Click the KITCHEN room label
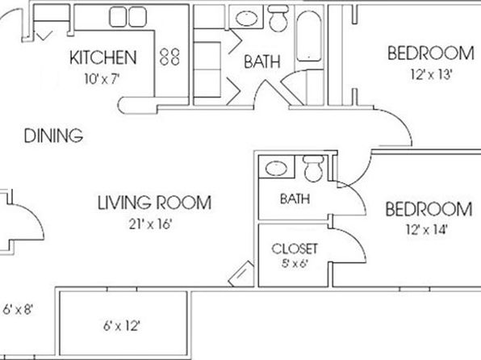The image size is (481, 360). [103, 57]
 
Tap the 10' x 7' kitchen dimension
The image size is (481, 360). [102, 79]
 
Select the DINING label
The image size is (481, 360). [54, 136]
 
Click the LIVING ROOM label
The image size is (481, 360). [155, 203]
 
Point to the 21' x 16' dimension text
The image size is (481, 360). [150, 224]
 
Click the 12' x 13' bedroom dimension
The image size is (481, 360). [431, 74]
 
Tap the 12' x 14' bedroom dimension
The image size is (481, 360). [427, 229]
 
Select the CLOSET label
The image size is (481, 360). [295, 249]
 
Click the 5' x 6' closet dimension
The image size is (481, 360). [295, 264]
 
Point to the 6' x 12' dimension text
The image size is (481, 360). [122, 325]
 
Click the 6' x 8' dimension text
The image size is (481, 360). [18, 309]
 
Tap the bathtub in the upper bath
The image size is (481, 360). [309, 36]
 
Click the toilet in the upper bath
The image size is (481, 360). [278, 18]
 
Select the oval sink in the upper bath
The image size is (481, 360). [247, 19]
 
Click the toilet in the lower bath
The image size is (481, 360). [313, 168]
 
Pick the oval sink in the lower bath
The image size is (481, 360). [276, 169]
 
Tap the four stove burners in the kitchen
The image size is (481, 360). [169, 57]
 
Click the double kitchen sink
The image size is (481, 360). [128, 17]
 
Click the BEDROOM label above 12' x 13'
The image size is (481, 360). [431, 53]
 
